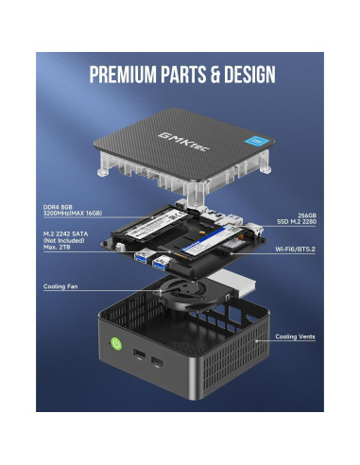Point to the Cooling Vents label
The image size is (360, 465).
click(295, 336)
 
